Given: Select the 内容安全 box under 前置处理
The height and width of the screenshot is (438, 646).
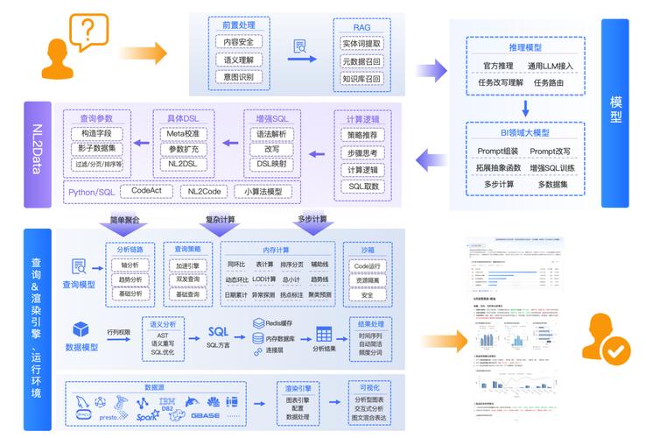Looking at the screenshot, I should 239,42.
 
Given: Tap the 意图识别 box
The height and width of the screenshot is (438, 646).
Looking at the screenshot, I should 239,77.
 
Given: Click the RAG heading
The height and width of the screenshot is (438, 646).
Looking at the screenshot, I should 362,27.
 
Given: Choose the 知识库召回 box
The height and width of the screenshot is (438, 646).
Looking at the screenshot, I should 362,78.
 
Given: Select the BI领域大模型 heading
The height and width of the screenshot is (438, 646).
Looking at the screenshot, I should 524,132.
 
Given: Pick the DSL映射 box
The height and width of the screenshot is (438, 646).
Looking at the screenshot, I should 271,164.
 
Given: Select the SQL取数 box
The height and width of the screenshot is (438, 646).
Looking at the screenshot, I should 362,187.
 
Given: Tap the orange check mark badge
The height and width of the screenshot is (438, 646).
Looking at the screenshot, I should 617,351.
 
